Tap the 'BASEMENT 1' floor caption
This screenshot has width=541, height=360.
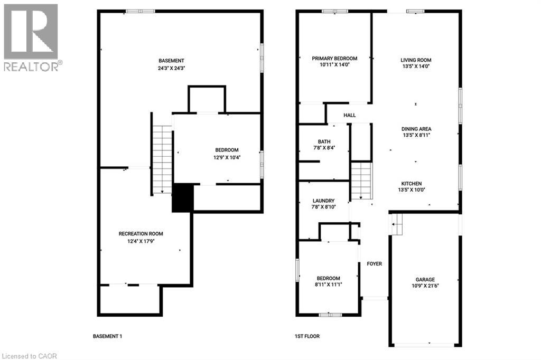(x=107, y=336)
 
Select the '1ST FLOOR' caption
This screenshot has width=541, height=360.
(x=307, y=336)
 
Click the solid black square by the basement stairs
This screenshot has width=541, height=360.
(x=183, y=198)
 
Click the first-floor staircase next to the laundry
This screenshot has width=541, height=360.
(x=362, y=181)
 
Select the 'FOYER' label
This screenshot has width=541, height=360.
(x=375, y=264)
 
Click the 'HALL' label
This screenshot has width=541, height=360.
(x=350, y=115)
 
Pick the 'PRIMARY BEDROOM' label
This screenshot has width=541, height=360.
(x=334, y=59)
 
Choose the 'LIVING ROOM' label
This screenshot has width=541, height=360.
(x=416, y=60)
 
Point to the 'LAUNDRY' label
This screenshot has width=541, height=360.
(x=323, y=201)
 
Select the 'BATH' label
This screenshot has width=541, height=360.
(x=324, y=141)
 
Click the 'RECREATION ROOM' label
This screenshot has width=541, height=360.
(x=141, y=234)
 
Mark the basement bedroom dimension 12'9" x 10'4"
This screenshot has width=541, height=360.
(x=227, y=157)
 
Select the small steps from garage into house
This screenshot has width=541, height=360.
(x=396, y=225)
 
